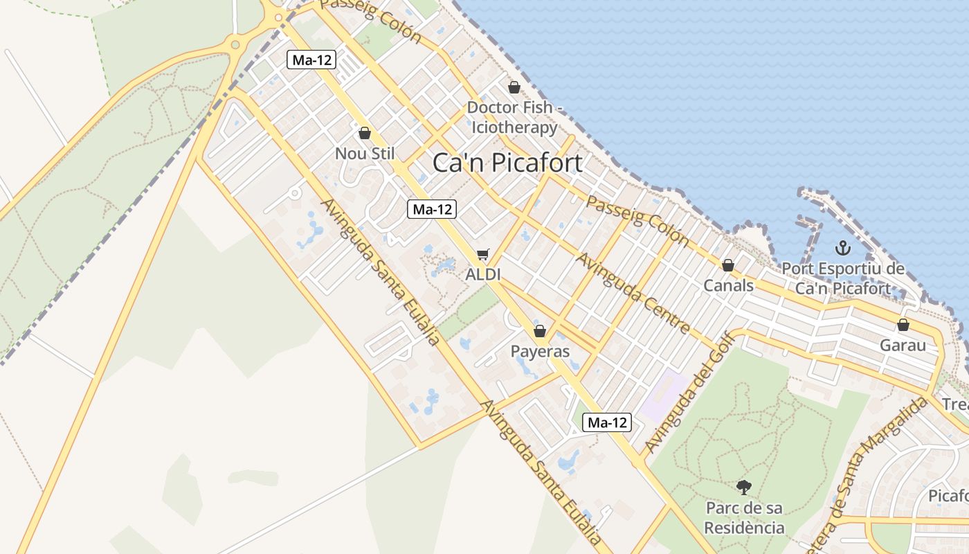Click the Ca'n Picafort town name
(x=507, y=163)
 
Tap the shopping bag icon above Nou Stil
(x=365, y=133)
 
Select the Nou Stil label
(x=365, y=153)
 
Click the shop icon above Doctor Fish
(x=514, y=87)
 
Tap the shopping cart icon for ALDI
(x=482, y=255)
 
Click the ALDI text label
(x=482, y=274)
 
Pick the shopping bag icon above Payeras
(x=540, y=331)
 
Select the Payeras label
(x=540, y=351)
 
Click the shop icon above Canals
(x=727, y=265)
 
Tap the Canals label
(x=728, y=285)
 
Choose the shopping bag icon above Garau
(x=903, y=325)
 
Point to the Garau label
(x=903, y=345)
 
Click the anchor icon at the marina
(x=842, y=248)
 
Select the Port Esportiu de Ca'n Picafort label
(x=842, y=278)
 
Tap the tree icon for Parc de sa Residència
(x=744, y=487)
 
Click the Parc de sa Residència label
(x=744, y=517)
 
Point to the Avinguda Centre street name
(x=633, y=293)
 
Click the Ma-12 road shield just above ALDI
(x=432, y=209)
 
